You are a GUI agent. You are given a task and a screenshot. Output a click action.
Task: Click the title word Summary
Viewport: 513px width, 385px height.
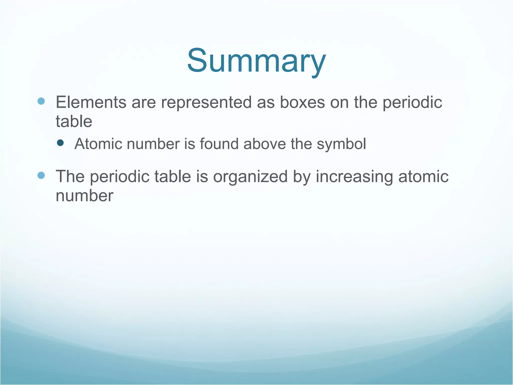pos(256,61)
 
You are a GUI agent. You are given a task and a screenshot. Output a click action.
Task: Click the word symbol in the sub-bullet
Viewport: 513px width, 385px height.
pos(341,144)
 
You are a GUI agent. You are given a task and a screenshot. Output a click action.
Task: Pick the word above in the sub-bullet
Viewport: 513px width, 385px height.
pos(265,144)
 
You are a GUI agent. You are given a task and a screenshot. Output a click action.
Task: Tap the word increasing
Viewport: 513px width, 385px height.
pos(354,176)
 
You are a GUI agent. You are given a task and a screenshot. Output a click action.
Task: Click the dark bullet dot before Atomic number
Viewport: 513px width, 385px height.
pos(60,143)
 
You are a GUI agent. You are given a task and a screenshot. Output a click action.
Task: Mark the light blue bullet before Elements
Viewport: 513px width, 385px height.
pos(41,101)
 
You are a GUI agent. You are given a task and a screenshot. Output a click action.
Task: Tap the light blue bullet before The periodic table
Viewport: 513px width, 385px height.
pos(41,175)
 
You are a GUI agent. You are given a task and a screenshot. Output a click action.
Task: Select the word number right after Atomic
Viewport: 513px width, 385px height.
pos(153,144)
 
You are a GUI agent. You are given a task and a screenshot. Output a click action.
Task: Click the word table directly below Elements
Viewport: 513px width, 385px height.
pos(74,122)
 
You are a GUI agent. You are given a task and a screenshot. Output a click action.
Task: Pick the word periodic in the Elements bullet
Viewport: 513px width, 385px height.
pos(412,103)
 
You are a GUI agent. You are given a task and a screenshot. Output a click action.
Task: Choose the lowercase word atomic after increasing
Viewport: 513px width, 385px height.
pos(423,176)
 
